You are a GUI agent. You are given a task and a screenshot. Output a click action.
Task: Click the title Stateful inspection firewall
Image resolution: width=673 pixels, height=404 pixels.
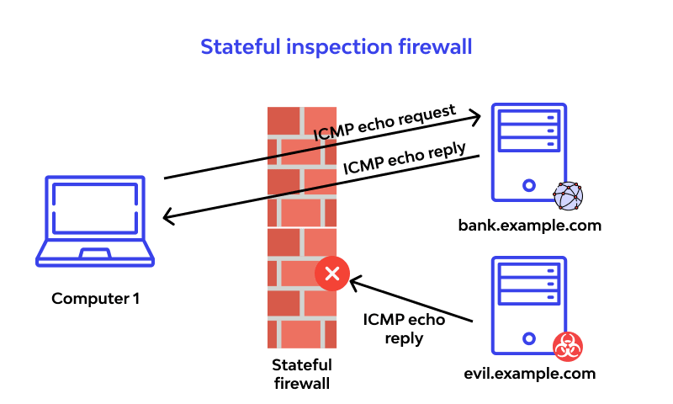[336, 46]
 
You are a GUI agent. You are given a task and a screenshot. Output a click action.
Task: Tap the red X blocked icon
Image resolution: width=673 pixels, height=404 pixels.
[332, 274]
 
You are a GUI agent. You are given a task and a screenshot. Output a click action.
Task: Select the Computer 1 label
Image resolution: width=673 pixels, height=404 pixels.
[96, 298]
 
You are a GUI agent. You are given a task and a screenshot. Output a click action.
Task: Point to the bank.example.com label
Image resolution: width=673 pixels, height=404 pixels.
[530, 226]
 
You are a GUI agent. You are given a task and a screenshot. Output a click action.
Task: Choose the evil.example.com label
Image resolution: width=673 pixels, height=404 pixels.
[529, 373]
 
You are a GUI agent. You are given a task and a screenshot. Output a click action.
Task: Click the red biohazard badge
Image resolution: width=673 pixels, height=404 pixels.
[569, 346]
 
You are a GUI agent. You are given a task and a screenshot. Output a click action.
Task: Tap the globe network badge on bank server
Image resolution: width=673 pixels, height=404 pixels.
[568, 196]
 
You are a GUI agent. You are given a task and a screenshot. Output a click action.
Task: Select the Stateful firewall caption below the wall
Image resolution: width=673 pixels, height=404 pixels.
[302, 374]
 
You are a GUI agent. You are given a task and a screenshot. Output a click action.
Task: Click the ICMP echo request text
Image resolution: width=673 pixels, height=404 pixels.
[385, 124]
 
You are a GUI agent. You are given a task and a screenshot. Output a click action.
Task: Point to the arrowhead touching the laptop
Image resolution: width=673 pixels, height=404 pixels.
[167, 218]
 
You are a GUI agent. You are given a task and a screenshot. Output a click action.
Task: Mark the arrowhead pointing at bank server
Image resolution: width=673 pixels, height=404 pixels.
[475, 115]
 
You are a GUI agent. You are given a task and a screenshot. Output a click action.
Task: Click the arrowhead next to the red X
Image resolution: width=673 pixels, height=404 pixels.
[356, 280]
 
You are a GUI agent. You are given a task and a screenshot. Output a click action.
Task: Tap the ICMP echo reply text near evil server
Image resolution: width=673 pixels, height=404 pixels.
[404, 329]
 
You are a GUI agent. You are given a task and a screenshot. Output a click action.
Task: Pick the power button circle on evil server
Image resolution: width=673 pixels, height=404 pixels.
[528, 339]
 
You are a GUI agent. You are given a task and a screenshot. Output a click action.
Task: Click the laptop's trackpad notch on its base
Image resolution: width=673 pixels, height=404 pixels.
[95, 253]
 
